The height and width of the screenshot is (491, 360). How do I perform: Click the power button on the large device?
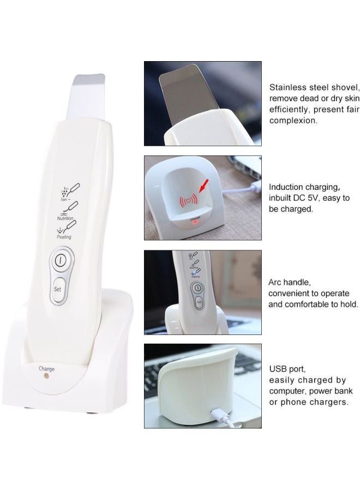pos(62,259)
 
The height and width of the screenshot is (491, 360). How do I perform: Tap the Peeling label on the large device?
pos(64,237)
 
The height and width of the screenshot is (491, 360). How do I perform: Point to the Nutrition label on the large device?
pos(65,218)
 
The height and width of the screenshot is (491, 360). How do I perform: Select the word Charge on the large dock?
pos(46,369)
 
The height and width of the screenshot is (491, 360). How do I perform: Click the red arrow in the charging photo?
pos(206,191)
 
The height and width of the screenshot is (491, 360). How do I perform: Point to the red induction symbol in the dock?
pos(189,200)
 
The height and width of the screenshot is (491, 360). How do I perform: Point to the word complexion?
pos(294,121)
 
